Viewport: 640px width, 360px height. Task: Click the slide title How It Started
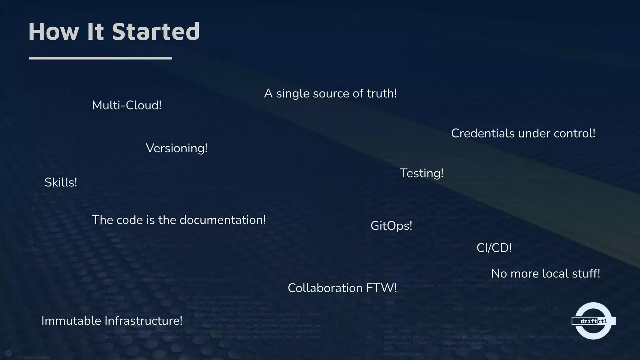point(114,32)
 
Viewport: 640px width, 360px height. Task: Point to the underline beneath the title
point(100,58)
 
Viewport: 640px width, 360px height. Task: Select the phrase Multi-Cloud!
point(127,105)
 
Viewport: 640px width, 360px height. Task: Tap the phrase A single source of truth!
point(330,93)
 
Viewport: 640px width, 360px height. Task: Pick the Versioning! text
point(177,148)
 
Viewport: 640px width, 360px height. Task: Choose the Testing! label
point(422,173)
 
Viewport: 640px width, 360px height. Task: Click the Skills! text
point(61,182)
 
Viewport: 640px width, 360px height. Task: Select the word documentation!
point(222,220)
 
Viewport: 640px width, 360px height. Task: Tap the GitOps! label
point(391,226)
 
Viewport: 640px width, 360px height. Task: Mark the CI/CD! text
point(494,248)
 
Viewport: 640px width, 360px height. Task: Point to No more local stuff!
point(545,274)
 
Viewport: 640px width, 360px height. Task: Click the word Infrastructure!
point(143,321)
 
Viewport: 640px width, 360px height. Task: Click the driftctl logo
point(593,321)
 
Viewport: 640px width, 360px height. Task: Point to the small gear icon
point(8,353)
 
